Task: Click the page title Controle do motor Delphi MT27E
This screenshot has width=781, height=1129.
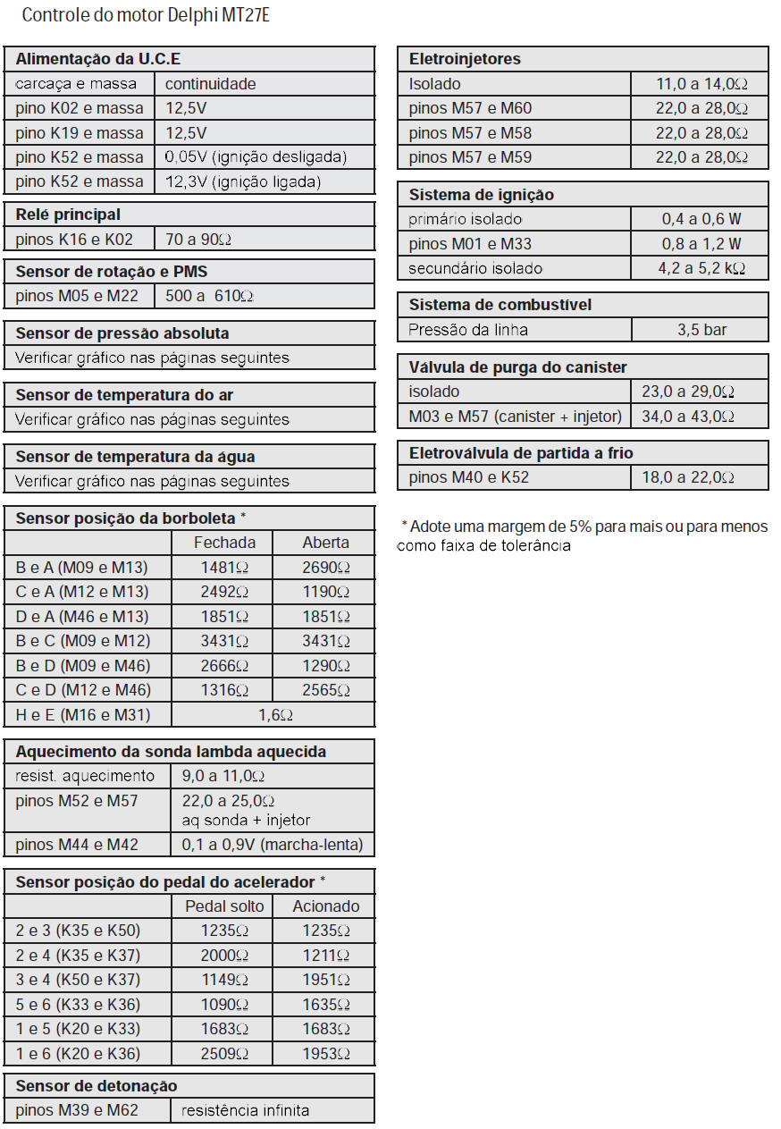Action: coord(146,15)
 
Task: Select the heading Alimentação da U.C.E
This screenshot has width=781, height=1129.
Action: coord(98,59)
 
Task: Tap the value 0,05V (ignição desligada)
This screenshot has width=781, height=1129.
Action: coord(256,157)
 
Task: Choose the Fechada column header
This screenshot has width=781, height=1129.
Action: coord(224,543)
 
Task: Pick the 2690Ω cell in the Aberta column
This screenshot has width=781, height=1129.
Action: coord(326,568)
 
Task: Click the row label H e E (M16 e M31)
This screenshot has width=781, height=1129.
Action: coord(83,714)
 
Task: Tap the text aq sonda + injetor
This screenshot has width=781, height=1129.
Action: coord(246,821)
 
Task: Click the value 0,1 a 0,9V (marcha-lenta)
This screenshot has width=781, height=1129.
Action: coord(272,845)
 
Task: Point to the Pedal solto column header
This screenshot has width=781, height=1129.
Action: coord(224,906)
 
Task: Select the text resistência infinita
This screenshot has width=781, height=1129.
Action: coord(245,1110)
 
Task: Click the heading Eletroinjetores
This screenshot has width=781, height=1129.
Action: coord(465,59)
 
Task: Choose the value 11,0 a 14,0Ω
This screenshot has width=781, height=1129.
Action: coord(701,84)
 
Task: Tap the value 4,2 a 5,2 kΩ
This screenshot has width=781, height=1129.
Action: coord(701,268)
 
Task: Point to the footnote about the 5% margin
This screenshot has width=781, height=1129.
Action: coord(582,535)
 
